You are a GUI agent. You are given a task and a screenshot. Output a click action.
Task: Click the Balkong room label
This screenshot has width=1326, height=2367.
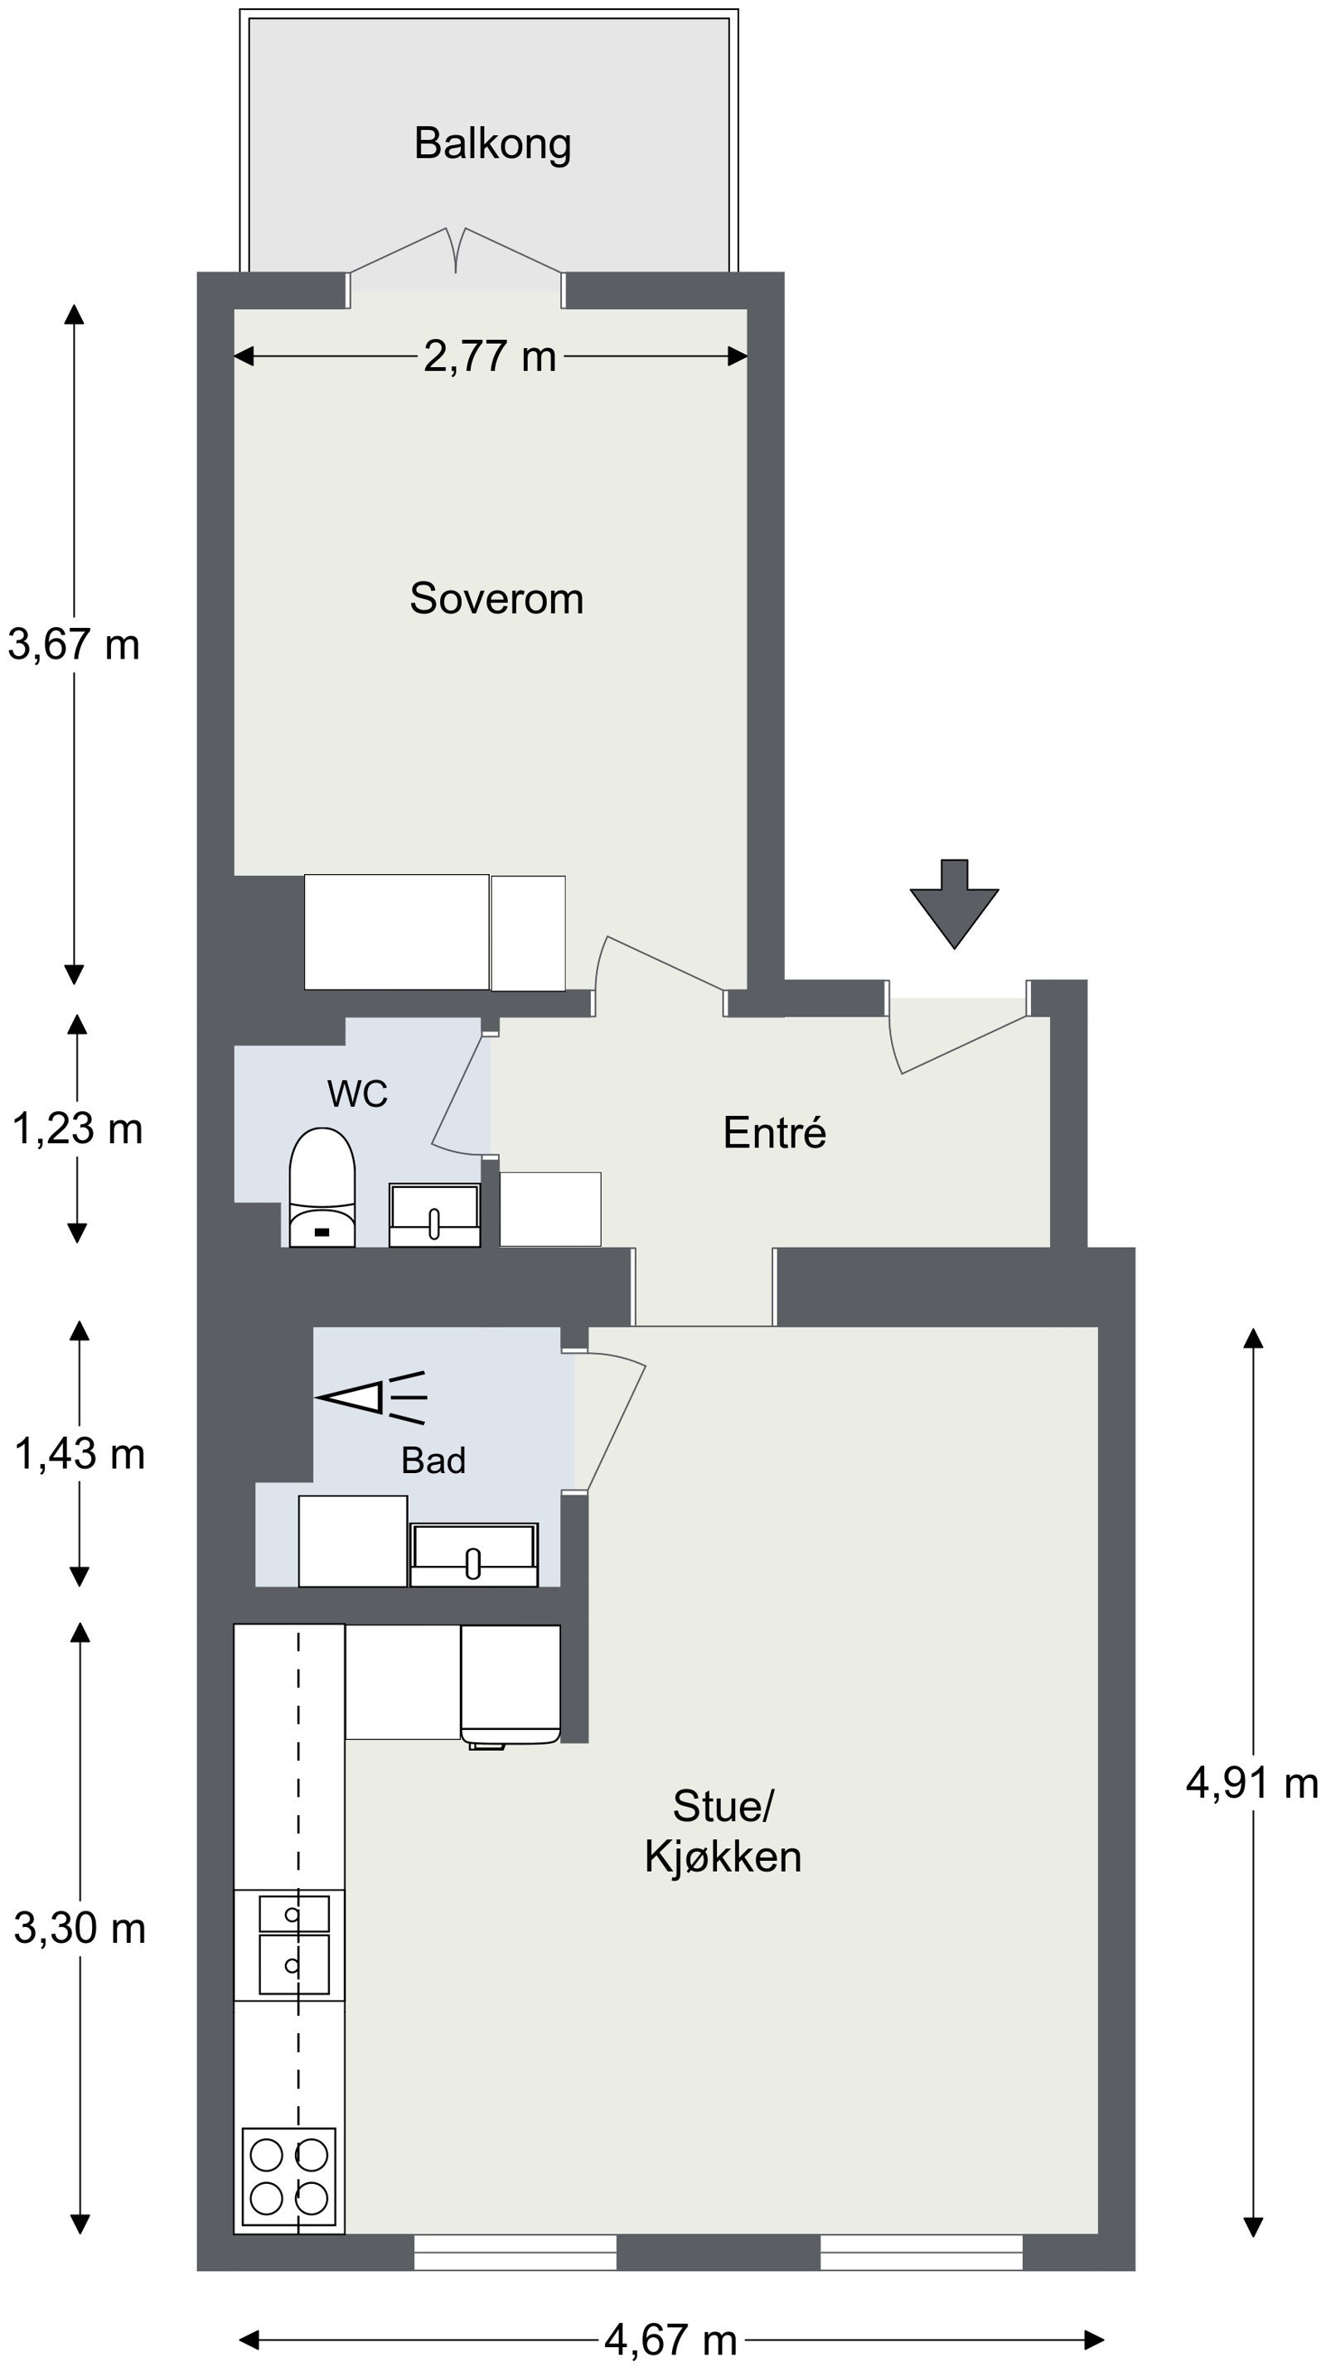[x=492, y=144]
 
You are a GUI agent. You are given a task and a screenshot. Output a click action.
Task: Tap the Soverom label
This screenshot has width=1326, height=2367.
[x=496, y=599]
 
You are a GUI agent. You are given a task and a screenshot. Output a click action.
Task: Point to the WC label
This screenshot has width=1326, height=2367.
[x=357, y=1094]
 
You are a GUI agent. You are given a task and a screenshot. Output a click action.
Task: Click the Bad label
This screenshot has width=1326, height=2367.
[x=433, y=1460]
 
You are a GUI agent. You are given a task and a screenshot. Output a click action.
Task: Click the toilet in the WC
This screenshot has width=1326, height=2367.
[x=322, y=1187]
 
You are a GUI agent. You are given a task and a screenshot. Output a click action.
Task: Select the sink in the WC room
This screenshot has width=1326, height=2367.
[x=434, y=1215]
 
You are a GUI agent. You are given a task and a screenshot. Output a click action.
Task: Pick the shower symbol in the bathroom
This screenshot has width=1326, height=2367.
[x=371, y=1398]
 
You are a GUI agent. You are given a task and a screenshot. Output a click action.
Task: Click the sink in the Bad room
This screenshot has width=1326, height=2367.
[x=474, y=1555]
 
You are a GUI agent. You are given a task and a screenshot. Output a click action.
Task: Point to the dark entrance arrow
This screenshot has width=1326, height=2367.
[x=954, y=904]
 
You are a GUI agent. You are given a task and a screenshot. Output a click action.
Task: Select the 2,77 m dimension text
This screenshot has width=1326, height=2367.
[x=490, y=356]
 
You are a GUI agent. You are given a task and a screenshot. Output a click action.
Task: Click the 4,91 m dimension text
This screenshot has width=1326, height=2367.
[x=1252, y=1783]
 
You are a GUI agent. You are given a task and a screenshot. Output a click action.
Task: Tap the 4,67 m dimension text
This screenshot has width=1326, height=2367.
[x=670, y=2340]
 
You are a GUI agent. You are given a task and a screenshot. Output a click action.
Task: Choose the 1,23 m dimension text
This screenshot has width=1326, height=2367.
[x=77, y=1128]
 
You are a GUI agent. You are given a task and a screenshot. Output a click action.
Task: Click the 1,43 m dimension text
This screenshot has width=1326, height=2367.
[x=80, y=1454]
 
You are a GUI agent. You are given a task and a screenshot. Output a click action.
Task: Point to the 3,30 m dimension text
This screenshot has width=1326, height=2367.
[x=80, y=1928]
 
